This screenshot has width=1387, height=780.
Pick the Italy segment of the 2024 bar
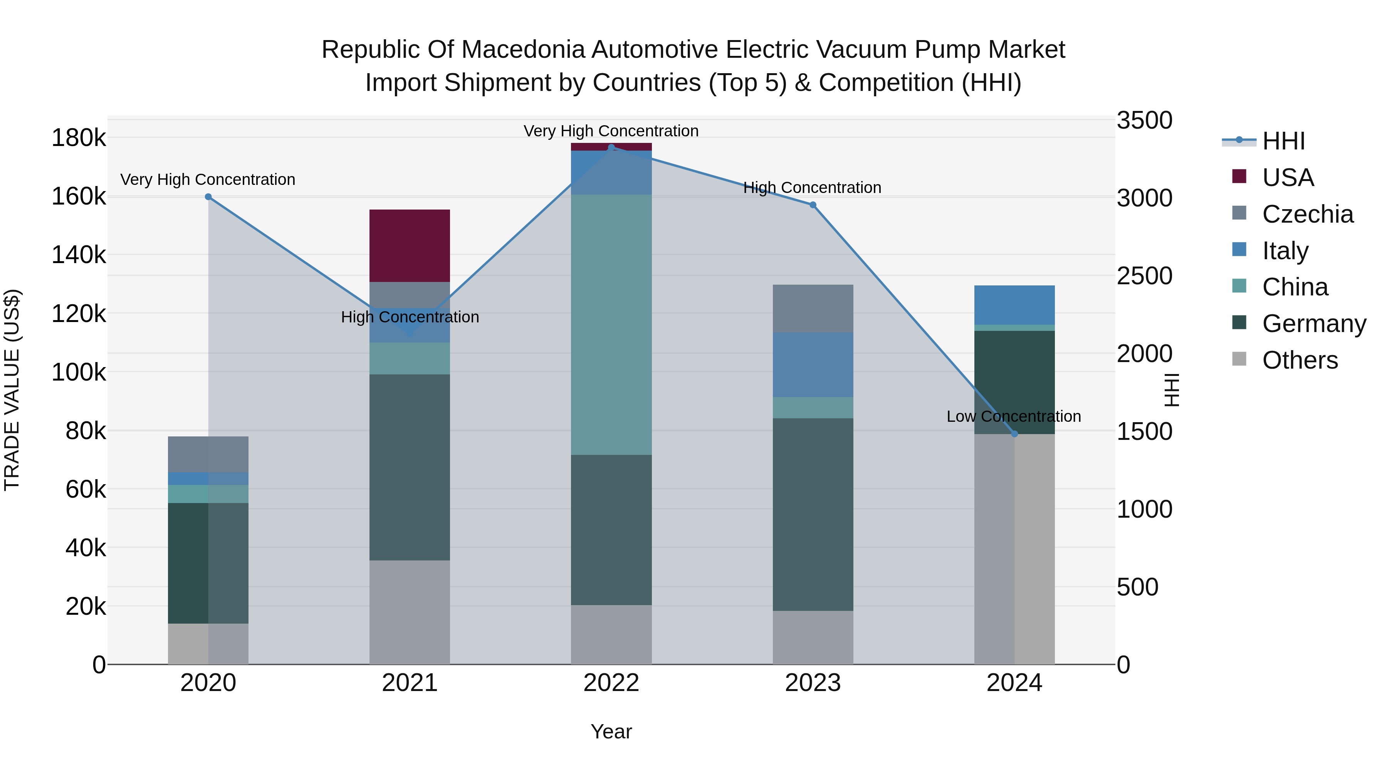point(1014,305)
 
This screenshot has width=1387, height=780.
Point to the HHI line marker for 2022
point(611,148)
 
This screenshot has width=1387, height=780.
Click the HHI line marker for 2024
point(1014,434)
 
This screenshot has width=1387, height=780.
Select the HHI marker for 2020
point(208,197)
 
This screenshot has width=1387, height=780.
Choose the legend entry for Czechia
point(1307,214)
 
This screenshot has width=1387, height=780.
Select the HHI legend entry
point(1283,141)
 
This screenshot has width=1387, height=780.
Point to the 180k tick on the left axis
point(79,138)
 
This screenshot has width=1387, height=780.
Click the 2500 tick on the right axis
point(1144,276)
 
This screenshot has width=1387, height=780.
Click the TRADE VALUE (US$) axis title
point(12,390)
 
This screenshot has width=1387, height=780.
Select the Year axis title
point(611,731)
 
